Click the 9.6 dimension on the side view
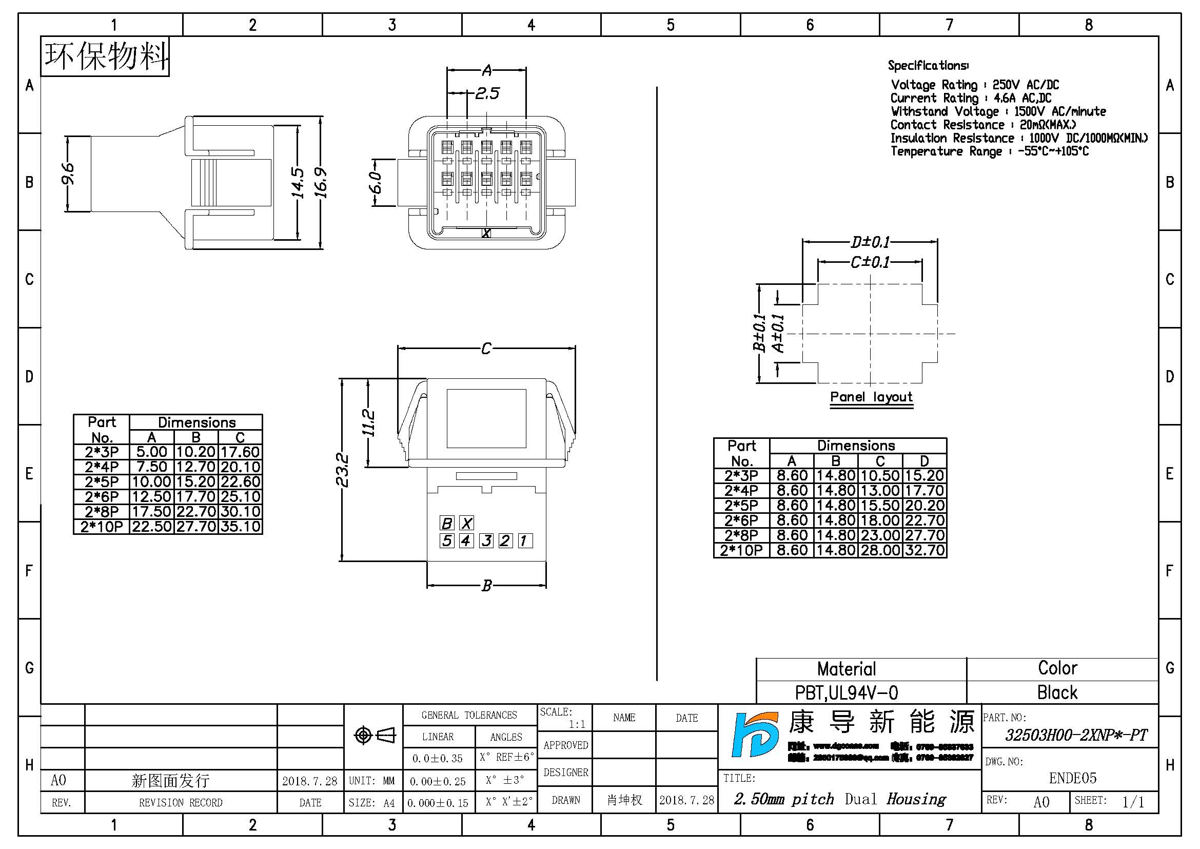[68, 173]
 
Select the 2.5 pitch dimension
[487, 93]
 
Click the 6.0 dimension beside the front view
[376, 182]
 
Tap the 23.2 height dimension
[342, 470]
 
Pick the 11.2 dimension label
[368, 423]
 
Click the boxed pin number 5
[447, 541]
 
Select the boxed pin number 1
[525, 541]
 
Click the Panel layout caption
[871, 397]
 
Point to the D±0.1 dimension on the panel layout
[870, 242]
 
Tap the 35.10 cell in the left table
[241, 527]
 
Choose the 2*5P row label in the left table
[102, 481]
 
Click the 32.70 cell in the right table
[924, 550]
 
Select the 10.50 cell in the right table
[880, 476]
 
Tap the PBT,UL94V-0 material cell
[846, 692]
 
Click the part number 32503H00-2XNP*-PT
[1076, 736]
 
